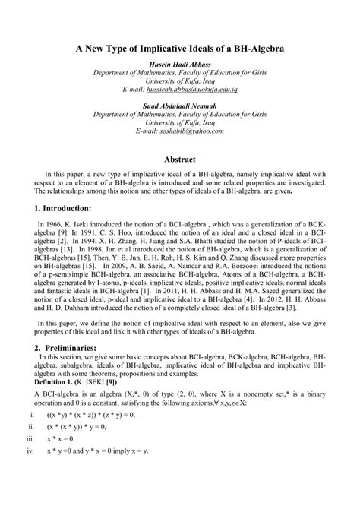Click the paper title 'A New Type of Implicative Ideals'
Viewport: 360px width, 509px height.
[x=180, y=48]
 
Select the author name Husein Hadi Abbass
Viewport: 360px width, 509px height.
[x=180, y=64]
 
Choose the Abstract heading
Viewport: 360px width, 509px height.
[x=180, y=160]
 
